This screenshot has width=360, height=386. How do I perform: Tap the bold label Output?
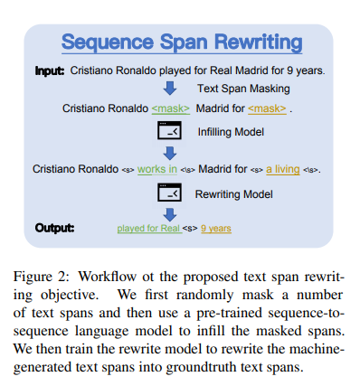point(54,227)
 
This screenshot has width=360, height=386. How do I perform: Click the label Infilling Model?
point(232,132)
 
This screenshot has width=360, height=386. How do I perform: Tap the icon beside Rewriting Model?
point(169,193)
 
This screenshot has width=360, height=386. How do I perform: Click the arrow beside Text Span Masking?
point(169,89)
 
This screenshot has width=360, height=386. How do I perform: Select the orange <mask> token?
point(269,109)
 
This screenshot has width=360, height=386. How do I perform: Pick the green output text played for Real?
point(150,229)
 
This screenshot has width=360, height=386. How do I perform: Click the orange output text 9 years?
point(218,229)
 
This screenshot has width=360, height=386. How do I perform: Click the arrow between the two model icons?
point(169,152)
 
